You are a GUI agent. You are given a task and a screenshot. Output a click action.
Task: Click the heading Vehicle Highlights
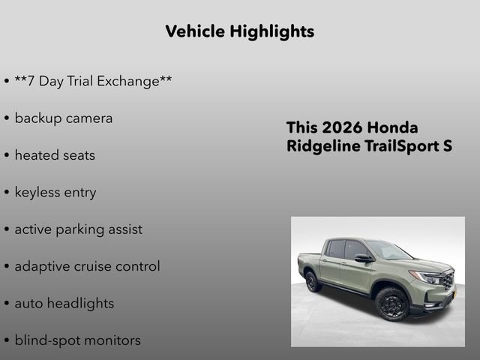(x=239, y=31)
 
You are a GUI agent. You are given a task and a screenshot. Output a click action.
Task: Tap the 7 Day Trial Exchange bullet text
(x=93, y=81)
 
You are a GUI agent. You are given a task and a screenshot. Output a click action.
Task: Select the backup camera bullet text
(x=63, y=118)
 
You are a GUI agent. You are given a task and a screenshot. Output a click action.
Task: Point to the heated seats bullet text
(x=55, y=155)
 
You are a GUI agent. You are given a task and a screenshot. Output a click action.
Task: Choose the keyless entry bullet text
(x=55, y=193)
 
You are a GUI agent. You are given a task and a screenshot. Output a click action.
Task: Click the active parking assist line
(x=78, y=229)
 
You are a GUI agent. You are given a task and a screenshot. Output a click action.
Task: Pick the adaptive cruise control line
(x=87, y=266)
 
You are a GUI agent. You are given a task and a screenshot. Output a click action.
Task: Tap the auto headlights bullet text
(x=64, y=304)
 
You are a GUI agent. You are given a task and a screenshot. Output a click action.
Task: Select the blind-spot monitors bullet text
(x=77, y=340)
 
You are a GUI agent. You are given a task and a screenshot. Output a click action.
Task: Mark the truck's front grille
(x=448, y=281)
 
